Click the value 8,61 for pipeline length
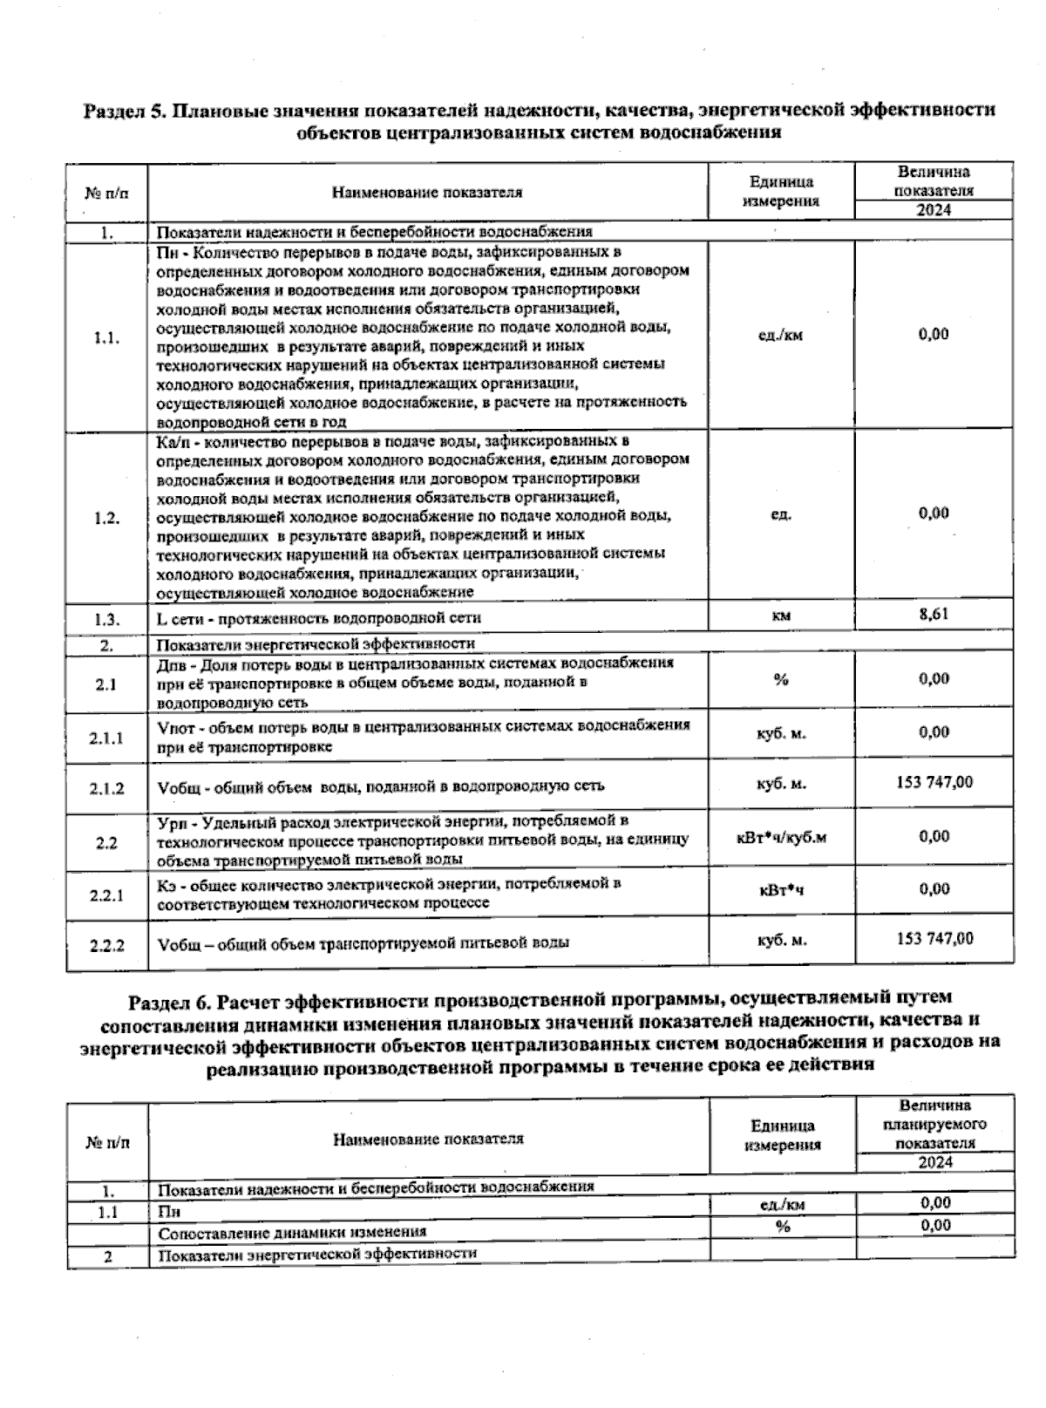click(934, 614)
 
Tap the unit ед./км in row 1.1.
click(780, 336)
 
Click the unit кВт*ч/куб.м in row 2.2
click(781, 838)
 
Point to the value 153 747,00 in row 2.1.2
click(934, 782)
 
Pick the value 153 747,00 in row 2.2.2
click(934, 938)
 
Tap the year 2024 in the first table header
click(934, 210)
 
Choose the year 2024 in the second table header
click(935, 1162)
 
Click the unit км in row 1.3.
click(781, 616)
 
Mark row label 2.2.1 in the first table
click(107, 895)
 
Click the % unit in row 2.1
click(781, 679)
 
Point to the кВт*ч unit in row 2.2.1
click(781, 891)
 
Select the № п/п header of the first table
click(106, 193)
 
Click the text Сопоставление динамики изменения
click(292, 1232)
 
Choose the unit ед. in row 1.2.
click(781, 514)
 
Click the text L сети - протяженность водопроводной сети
click(319, 618)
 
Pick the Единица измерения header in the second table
click(783, 1135)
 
